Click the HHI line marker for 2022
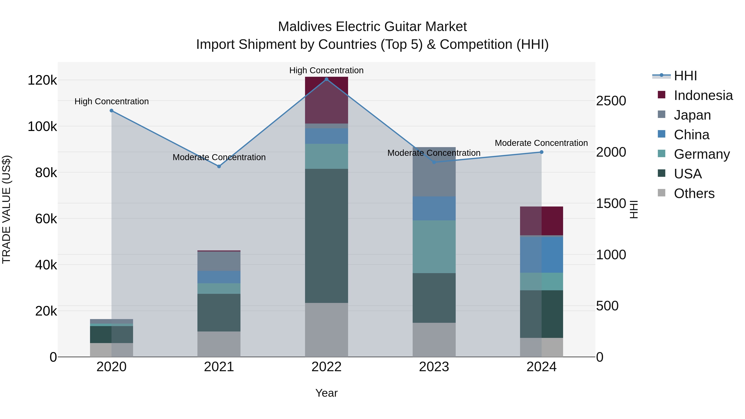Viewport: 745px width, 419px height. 327,79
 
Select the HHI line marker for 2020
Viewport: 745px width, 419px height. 112,111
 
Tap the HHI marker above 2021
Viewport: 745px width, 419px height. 219,166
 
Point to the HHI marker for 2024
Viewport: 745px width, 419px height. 541,152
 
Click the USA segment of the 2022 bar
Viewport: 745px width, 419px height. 327,236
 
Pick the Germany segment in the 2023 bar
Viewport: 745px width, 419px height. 434,247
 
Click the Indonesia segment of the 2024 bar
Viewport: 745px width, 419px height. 541,221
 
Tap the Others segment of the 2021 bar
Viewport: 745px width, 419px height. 219,344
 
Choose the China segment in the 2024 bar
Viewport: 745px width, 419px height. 541,255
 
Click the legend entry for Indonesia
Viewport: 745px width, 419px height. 703,95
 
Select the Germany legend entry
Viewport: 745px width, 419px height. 701,154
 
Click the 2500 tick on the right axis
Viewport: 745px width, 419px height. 611,101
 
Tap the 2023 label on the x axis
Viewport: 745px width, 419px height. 434,367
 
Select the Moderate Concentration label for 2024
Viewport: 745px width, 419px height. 541,143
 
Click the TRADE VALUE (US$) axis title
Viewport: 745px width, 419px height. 6,209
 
